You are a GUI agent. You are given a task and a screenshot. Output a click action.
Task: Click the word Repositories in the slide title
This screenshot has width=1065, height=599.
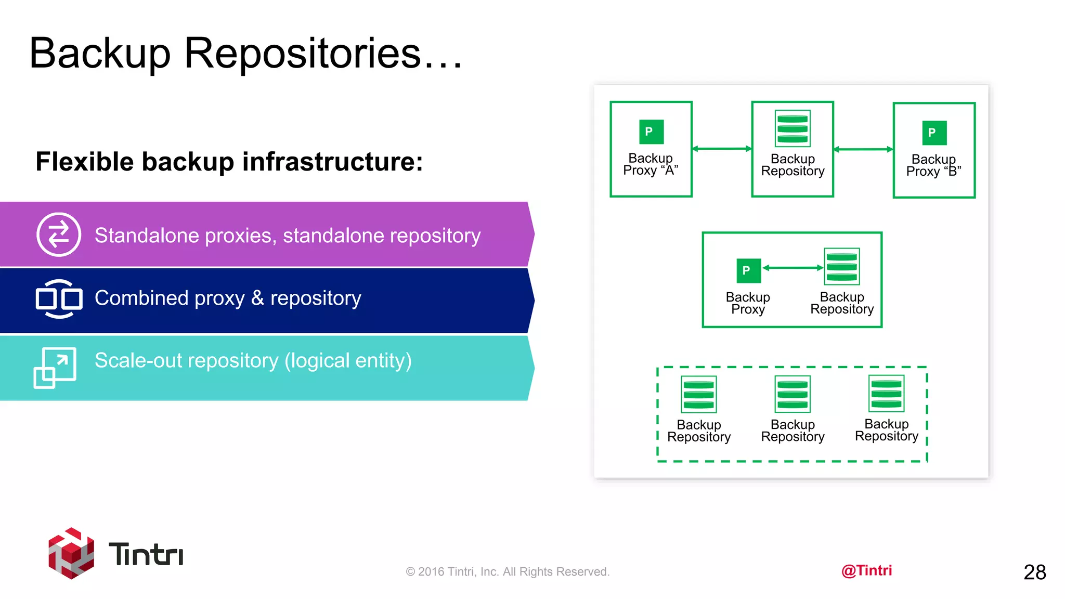click(x=302, y=53)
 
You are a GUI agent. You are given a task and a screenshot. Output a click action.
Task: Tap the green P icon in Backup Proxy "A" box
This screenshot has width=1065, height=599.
click(x=651, y=132)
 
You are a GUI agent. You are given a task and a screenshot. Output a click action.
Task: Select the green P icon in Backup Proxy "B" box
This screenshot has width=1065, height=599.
click(x=934, y=133)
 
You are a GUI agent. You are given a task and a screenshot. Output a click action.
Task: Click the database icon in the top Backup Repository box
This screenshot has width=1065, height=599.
click(x=793, y=128)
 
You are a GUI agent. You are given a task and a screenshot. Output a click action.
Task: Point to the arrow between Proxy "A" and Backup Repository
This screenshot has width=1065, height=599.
click(x=722, y=149)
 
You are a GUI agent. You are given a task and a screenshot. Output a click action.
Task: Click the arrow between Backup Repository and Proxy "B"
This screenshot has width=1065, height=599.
click(x=863, y=149)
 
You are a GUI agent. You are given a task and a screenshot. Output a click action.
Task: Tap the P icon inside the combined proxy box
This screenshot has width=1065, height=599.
click(x=748, y=270)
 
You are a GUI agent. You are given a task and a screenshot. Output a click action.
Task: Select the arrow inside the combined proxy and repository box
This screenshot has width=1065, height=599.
click(x=793, y=268)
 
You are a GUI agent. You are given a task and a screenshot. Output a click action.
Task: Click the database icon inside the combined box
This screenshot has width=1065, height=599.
click(x=841, y=266)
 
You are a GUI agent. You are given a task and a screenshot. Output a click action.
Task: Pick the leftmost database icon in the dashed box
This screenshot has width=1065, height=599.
click(x=698, y=394)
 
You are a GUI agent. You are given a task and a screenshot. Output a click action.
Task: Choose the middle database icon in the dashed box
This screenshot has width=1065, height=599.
click(x=793, y=394)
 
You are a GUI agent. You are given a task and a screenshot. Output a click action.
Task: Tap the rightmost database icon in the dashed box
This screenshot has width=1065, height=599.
click(x=886, y=393)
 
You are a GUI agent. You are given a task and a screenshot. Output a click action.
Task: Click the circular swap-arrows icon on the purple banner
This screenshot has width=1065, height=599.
click(x=59, y=235)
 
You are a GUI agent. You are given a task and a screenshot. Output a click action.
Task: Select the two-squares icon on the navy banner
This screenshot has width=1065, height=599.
click(x=59, y=298)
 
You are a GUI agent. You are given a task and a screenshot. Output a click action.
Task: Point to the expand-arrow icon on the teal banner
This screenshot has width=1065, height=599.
click(x=55, y=367)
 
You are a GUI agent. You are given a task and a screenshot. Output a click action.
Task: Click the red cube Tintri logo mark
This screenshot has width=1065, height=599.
click(x=71, y=553)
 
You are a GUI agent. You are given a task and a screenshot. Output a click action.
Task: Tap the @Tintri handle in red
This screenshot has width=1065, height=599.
click(x=866, y=570)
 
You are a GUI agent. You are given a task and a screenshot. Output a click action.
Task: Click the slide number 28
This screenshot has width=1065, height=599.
click(x=1034, y=572)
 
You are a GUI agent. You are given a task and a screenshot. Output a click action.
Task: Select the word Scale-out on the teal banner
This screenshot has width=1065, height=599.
click(x=135, y=360)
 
